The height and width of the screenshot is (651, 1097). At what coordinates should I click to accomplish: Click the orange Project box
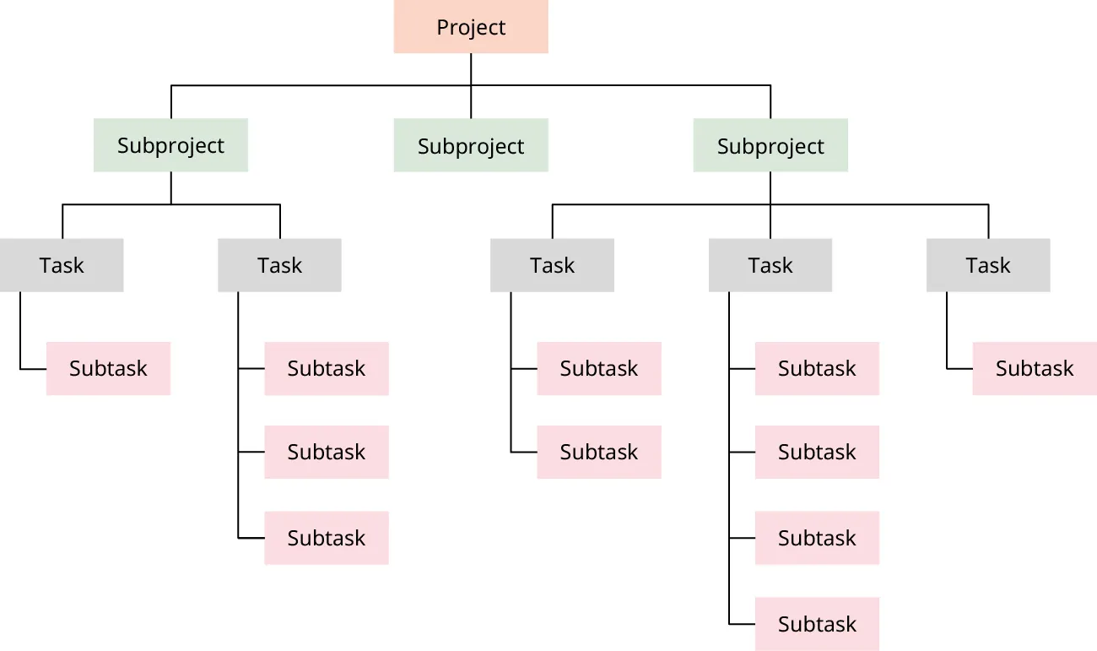(x=471, y=27)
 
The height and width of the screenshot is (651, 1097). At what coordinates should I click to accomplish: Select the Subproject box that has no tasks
(x=471, y=145)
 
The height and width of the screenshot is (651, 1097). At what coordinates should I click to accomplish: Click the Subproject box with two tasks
(x=170, y=145)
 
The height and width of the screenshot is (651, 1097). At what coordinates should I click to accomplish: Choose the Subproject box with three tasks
(x=770, y=145)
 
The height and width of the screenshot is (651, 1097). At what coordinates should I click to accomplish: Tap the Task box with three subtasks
(x=279, y=265)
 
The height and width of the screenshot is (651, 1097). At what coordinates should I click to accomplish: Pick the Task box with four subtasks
(x=770, y=265)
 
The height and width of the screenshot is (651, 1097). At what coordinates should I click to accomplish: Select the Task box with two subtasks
(x=552, y=265)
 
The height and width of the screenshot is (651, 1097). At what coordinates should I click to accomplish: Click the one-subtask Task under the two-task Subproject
(x=62, y=265)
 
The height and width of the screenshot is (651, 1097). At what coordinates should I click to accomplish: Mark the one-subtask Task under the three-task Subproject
(x=988, y=265)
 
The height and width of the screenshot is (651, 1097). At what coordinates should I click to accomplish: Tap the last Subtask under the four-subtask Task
(x=817, y=624)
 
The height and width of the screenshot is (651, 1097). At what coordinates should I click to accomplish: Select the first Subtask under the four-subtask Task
(x=817, y=368)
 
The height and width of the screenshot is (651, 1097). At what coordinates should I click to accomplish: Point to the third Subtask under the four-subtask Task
(x=817, y=538)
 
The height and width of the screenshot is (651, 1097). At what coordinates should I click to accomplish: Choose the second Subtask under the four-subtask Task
(x=817, y=452)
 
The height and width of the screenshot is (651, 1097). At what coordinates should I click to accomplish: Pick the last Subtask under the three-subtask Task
(x=327, y=538)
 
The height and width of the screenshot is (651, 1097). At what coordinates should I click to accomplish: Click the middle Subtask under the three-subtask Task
(x=327, y=452)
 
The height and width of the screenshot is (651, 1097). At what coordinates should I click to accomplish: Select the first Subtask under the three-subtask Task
(x=327, y=368)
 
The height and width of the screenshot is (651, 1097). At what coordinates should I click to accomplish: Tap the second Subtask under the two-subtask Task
(x=599, y=452)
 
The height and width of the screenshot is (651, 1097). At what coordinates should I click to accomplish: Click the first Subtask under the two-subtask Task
(x=599, y=368)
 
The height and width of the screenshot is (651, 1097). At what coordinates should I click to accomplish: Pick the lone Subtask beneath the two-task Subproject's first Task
(x=108, y=368)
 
